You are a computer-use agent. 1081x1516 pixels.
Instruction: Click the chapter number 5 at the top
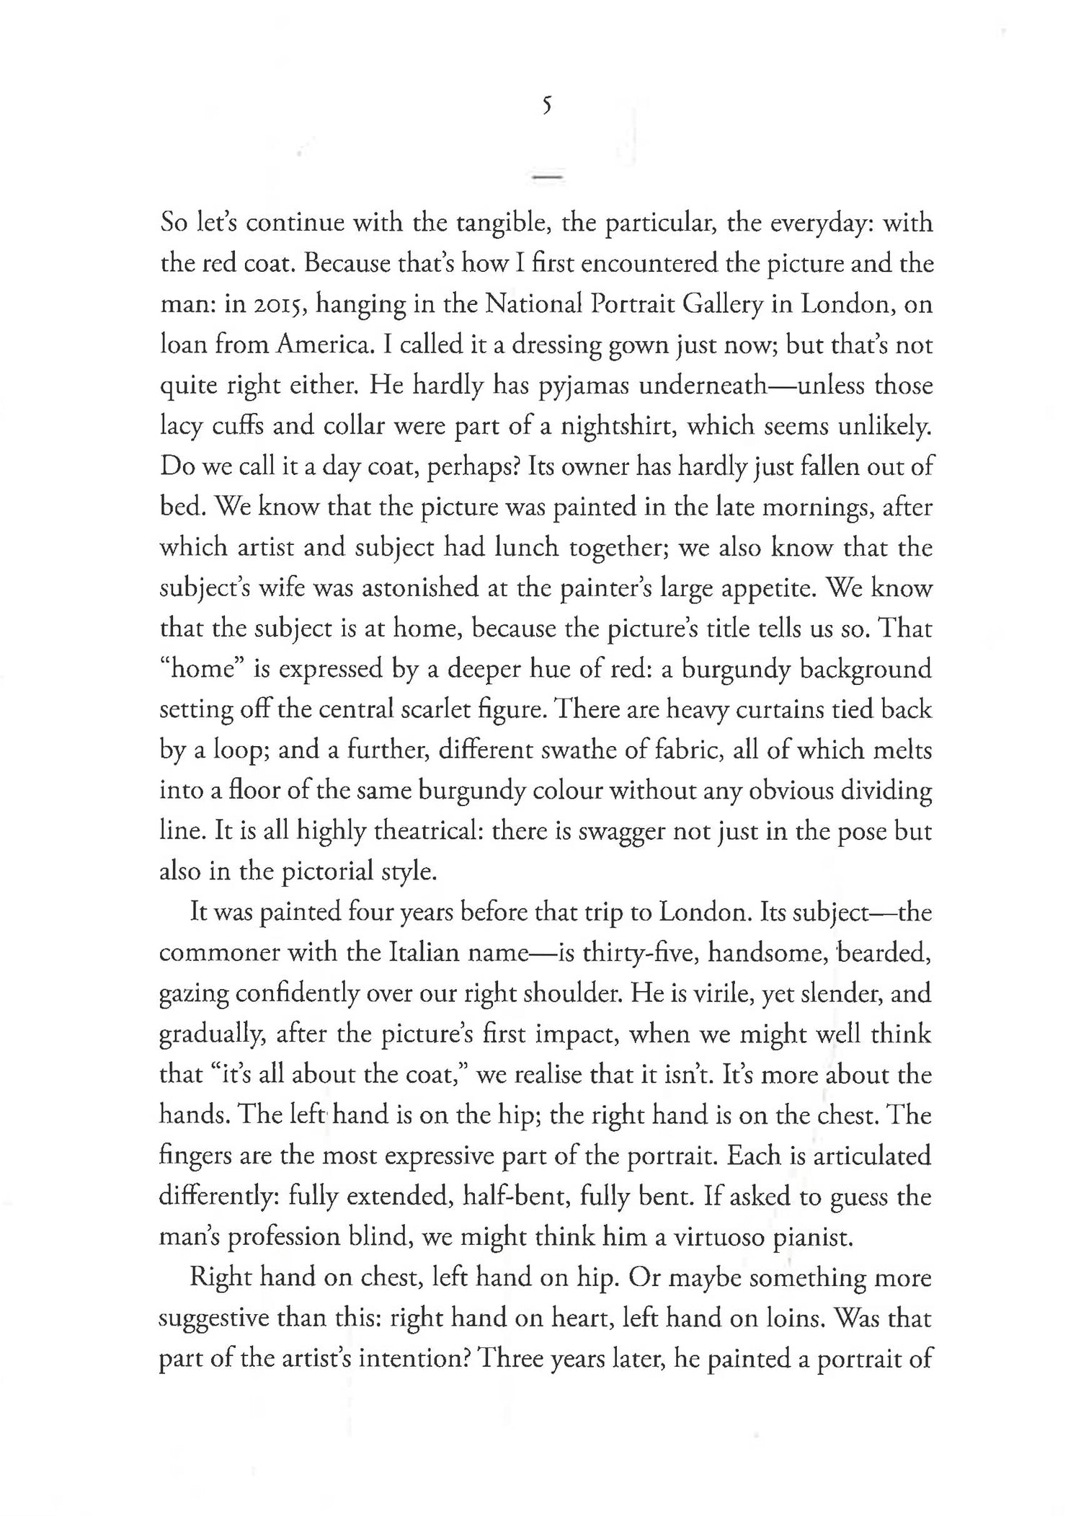pyautogui.click(x=547, y=106)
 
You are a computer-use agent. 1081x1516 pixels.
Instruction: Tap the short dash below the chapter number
pyautogui.click(x=547, y=176)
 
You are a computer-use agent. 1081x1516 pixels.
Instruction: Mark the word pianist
pyautogui.click(x=814, y=1238)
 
